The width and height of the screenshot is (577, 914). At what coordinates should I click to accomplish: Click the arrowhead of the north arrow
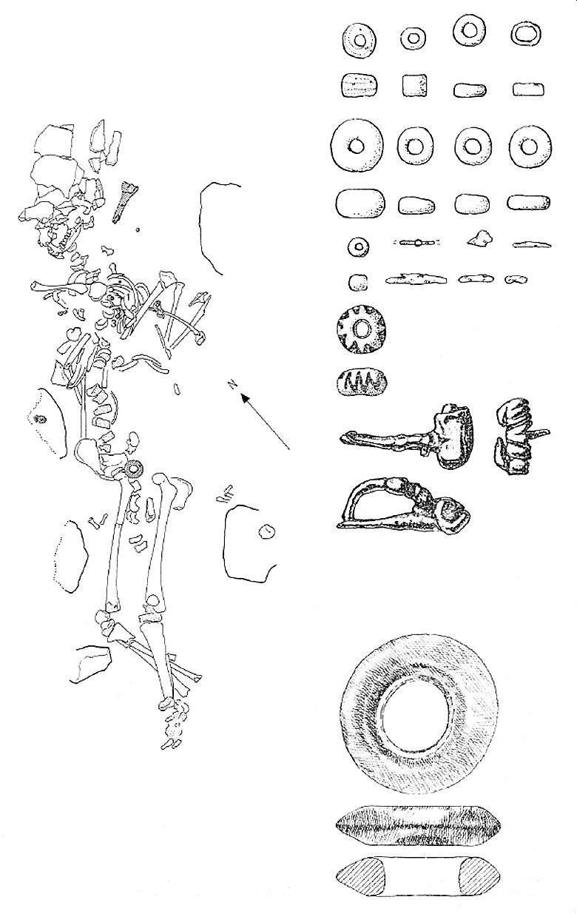(246, 398)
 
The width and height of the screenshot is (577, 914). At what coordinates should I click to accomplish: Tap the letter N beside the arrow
(232, 384)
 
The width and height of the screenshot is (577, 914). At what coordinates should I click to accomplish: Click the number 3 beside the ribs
(114, 323)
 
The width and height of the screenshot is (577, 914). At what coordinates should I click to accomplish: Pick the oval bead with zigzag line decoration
(362, 383)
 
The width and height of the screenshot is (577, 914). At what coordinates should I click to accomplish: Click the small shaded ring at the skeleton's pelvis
(133, 468)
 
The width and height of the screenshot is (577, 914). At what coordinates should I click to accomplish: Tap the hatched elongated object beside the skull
(123, 201)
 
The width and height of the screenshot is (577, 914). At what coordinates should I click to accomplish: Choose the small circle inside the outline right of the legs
(267, 531)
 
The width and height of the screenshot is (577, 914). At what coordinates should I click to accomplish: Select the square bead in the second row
(415, 85)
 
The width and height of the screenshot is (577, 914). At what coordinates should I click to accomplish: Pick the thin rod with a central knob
(416, 243)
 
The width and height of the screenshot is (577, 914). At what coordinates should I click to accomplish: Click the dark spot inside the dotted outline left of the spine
(40, 419)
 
